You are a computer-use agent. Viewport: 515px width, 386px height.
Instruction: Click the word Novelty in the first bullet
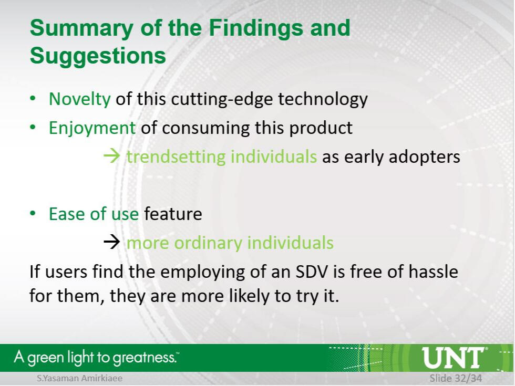(79, 99)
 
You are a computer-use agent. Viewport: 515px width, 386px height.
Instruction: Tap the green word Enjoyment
(92, 128)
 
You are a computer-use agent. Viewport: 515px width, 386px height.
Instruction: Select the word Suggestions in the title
(98, 56)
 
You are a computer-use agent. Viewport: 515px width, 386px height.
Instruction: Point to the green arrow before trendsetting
(112, 155)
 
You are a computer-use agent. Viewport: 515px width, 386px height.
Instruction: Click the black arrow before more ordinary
(112, 242)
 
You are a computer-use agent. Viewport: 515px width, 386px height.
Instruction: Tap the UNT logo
(452, 358)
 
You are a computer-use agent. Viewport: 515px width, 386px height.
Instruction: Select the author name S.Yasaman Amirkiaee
(79, 378)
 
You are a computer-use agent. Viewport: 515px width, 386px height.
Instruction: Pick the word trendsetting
(176, 157)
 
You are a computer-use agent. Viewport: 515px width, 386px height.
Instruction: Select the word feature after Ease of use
(173, 214)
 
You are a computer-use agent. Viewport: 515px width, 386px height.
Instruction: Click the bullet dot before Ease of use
(33, 213)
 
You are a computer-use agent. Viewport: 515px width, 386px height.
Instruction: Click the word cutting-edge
(222, 99)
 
